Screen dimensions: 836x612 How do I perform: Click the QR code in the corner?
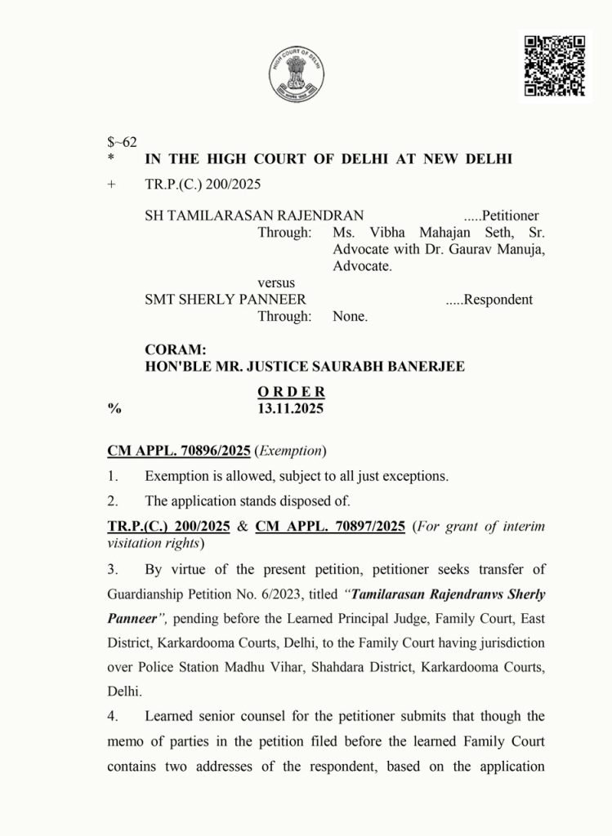(555, 66)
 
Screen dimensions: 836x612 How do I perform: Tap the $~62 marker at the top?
(122, 142)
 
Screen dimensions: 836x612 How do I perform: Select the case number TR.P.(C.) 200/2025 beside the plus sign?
(203, 185)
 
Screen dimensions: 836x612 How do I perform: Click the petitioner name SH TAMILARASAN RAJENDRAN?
(254, 216)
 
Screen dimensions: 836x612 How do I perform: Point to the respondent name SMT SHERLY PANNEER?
(226, 300)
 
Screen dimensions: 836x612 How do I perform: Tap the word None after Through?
(350, 317)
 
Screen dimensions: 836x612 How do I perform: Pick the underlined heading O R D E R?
(291, 392)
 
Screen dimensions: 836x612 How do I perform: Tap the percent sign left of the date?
(114, 409)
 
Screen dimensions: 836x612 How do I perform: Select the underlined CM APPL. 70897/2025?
(330, 527)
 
